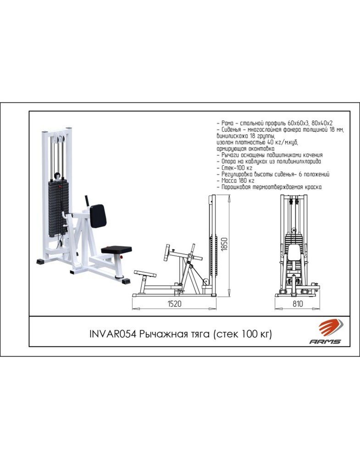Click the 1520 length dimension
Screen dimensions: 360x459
tap(174, 303)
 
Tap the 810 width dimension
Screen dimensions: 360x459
tap(298, 303)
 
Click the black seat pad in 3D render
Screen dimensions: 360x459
tap(116, 249)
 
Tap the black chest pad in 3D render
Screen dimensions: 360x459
tap(98, 216)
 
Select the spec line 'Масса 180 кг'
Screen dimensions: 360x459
tap(238, 180)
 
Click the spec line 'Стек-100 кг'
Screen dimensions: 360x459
tap(236, 168)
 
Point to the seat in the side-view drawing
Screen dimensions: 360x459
tap(145, 274)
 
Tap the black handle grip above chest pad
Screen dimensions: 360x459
tap(87, 201)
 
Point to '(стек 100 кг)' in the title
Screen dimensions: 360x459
tap(243, 334)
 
